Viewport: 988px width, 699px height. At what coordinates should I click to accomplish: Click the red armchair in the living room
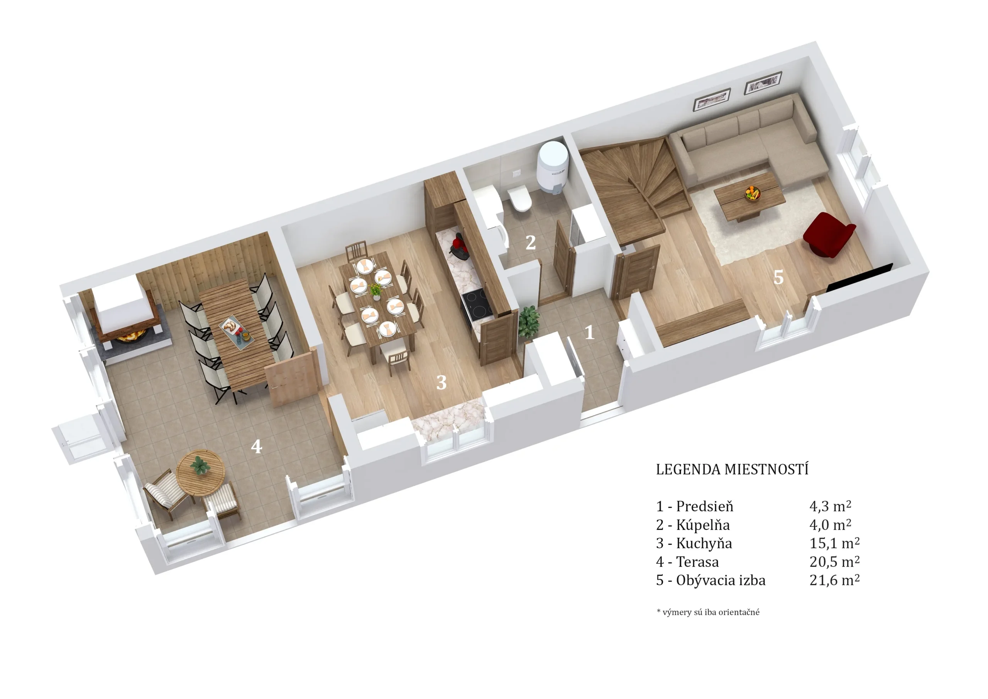click(x=828, y=235)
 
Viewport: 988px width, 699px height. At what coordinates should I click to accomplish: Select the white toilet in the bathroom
click(x=519, y=199)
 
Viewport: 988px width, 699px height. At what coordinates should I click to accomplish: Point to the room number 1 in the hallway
click(x=590, y=332)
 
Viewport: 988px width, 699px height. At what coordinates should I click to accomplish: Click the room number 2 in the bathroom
click(x=531, y=243)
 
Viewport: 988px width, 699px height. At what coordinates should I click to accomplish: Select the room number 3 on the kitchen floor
click(x=442, y=382)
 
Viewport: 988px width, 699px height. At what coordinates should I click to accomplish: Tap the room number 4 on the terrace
click(x=257, y=446)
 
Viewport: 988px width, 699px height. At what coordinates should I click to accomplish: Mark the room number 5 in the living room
click(x=778, y=277)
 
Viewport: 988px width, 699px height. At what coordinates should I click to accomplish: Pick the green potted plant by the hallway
click(x=529, y=321)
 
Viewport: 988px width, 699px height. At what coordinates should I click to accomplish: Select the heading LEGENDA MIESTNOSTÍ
click(x=732, y=469)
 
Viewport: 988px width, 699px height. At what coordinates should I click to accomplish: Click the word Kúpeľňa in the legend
click(x=703, y=525)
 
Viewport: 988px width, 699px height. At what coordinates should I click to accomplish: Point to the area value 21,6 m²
click(x=834, y=580)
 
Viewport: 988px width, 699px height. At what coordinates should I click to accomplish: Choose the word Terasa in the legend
click(x=697, y=562)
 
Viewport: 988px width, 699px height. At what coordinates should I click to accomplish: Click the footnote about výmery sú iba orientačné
click(x=708, y=612)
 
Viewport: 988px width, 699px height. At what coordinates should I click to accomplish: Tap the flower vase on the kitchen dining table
click(x=376, y=291)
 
